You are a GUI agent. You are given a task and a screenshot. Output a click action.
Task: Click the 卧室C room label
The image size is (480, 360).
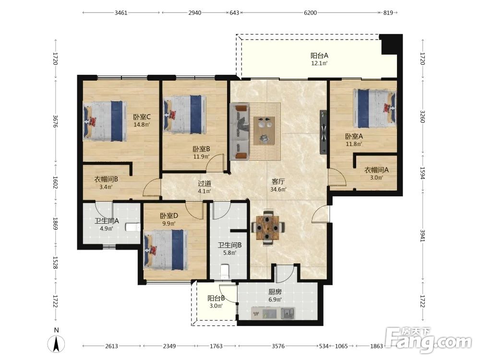142,117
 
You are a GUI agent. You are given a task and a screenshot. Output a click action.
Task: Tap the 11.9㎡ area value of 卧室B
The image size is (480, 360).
202,157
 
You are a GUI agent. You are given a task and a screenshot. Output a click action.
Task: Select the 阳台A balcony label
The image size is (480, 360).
319,55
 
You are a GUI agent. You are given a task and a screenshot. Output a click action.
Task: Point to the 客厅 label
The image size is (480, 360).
278,181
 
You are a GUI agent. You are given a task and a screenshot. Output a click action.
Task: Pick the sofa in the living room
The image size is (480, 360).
240,132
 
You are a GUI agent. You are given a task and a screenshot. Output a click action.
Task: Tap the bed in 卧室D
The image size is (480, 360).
166,250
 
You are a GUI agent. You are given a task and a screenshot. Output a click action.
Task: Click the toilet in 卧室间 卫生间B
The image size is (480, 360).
225,272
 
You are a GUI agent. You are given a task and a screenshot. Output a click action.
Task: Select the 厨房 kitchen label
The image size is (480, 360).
275,292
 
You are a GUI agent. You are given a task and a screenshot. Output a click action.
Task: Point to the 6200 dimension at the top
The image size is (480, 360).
310,13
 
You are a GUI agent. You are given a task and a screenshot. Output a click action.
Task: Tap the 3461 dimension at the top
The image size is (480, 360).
121,13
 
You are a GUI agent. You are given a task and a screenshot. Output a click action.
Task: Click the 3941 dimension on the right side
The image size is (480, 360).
423,236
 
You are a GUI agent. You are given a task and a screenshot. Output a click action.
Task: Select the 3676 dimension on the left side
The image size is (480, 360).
55,121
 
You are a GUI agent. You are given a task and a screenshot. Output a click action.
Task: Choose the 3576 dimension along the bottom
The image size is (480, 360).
278,346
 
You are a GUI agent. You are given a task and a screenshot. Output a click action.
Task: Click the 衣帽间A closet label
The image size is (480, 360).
376,170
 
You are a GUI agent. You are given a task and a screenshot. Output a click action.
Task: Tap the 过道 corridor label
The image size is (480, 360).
204,184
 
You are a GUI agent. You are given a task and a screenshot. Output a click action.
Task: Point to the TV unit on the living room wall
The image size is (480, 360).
324,132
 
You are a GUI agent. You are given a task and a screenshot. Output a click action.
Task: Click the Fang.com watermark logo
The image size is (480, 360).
429,339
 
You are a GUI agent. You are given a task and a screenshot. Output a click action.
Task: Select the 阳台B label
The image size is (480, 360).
216,298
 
